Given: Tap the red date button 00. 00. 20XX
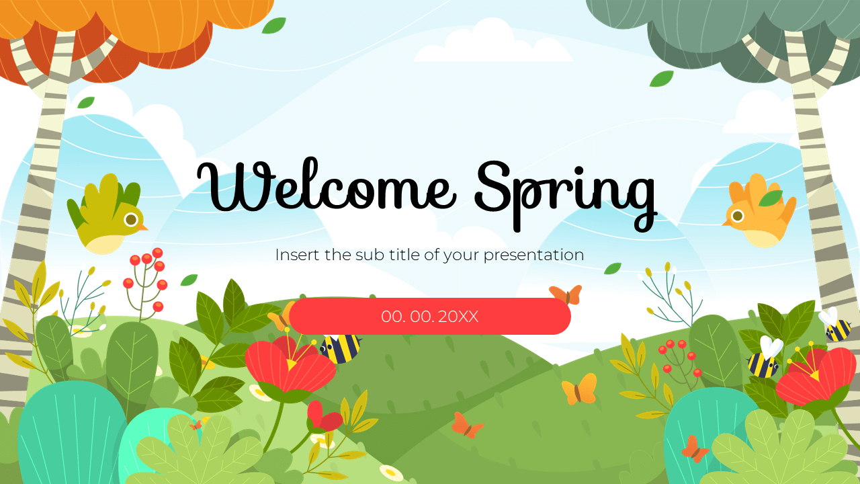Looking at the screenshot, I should pyautogui.click(x=430, y=316).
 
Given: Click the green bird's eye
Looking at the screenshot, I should pyautogui.click(x=131, y=219).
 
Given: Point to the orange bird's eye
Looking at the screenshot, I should pyautogui.click(x=738, y=216).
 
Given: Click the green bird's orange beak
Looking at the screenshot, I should pyautogui.click(x=142, y=227).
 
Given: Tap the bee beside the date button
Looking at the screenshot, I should pyautogui.click(x=340, y=348).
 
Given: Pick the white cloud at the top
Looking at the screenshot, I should pyautogui.click(x=494, y=44).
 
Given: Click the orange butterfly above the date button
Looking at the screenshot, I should pyautogui.click(x=565, y=294).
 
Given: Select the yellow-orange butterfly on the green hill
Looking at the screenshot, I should pyautogui.click(x=579, y=389).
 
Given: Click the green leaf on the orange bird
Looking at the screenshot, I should pyautogui.click(x=770, y=198).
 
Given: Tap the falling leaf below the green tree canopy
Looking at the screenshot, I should pyautogui.click(x=661, y=79).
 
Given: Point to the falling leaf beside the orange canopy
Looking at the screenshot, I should pyautogui.click(x=273, y=26).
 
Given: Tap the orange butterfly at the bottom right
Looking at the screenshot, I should pyautogui.click(x=694, y=449).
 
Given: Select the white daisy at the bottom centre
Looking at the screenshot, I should pyautogui.click(x=391, y=473).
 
